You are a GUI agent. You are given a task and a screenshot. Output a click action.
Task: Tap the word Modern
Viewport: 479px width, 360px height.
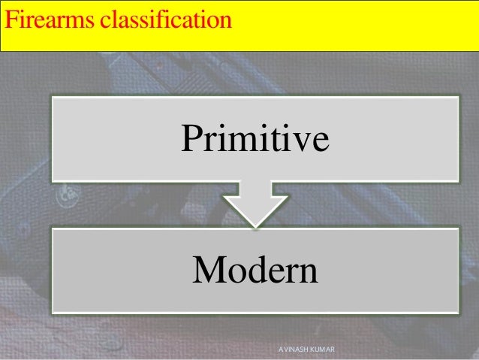[255, 271]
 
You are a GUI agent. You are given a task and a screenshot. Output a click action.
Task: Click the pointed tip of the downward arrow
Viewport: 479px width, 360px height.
[255, 225]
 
